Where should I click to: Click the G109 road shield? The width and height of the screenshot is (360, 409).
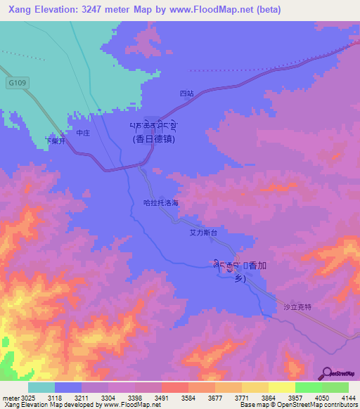pos(18,83)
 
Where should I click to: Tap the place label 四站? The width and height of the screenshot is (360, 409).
pos(186,93)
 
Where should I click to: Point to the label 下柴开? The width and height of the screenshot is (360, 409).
pos(55,141)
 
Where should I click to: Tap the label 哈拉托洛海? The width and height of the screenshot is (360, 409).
pos(160,202)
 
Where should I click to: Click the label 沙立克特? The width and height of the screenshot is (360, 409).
pos(296,306)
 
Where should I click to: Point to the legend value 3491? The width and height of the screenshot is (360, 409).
pos(162,398)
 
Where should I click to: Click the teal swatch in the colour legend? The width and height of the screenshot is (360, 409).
pos(41,387)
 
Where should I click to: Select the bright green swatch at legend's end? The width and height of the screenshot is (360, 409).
pos(335,387)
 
